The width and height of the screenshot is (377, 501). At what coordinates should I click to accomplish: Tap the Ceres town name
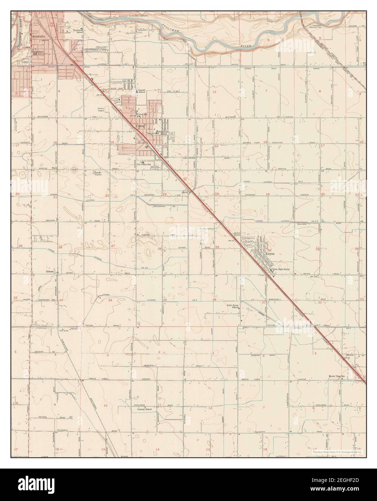(140, 127)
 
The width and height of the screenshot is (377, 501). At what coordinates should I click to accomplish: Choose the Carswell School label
(141, 90)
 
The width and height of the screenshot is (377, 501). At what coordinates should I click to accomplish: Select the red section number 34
(110, 300)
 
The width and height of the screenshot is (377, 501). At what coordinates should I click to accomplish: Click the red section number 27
(113, 246)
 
